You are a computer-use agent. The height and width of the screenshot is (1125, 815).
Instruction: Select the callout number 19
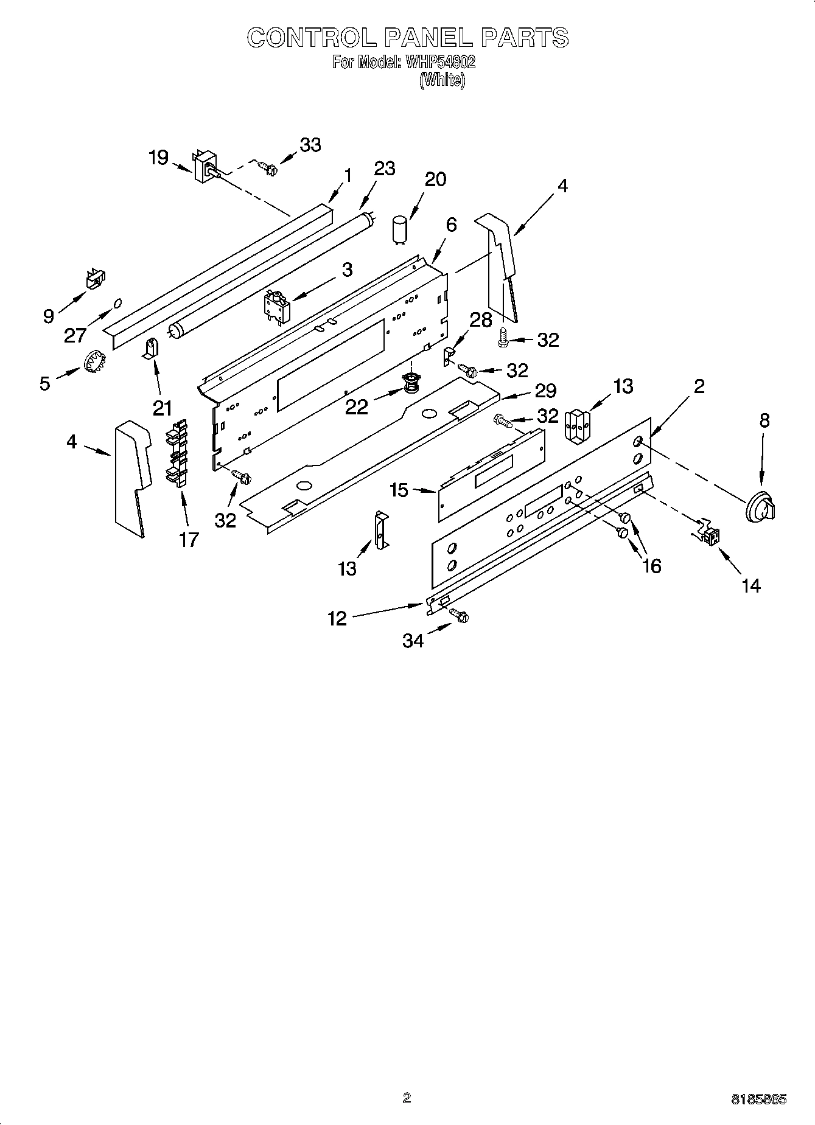(158, 158)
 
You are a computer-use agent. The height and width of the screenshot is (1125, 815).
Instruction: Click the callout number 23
(384, 168)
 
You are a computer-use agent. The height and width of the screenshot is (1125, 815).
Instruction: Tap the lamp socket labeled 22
(412, 385)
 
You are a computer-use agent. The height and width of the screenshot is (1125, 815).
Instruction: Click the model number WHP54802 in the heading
(436, 62)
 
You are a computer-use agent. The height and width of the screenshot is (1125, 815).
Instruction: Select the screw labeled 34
(459, 616)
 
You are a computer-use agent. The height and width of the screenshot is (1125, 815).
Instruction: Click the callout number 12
(337, 618)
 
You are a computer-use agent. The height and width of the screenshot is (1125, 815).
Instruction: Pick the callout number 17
(189, 538)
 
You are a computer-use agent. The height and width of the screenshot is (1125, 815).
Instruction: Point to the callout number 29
(545, 390)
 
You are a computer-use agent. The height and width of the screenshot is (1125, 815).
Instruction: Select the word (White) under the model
(442, 80)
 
